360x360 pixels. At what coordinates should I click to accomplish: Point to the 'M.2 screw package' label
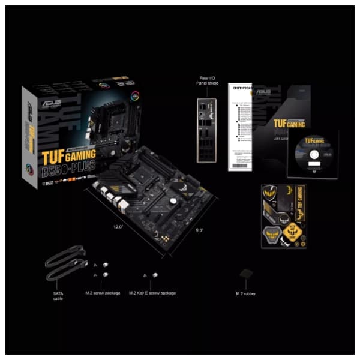[x=104, y=293]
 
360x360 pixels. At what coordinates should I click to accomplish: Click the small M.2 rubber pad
[x=244, y=273]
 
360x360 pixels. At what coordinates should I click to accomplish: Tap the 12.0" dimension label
[x=118, y=227]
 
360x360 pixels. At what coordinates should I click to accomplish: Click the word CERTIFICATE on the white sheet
[x=242, y=91]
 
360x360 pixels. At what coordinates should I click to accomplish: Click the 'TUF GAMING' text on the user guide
[x=290, y=124]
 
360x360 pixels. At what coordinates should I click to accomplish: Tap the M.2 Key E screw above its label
[x=149, y=275]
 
